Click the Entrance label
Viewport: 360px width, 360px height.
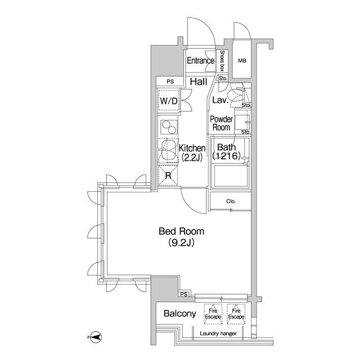(x=200, y=61)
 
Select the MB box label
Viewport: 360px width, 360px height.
(x=242, y=61)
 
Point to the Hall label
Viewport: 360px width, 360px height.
(x=198, y=82)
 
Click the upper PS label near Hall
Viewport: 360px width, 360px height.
(x=170, y=82)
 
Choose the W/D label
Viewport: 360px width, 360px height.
(x=169, y=101)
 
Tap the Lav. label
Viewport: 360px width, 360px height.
(x=219, y=101)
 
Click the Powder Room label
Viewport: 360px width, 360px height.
(x=222, y=123)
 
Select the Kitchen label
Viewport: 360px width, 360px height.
(x=192, y=148)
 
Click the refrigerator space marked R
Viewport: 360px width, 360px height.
(x=168, y=175)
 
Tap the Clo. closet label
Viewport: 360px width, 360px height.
(x=231, y=201)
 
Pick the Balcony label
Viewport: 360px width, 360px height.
(x=179, y=314)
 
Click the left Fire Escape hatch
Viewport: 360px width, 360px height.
(x=213, y=314)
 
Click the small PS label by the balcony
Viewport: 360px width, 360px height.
(x=183, y=294)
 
